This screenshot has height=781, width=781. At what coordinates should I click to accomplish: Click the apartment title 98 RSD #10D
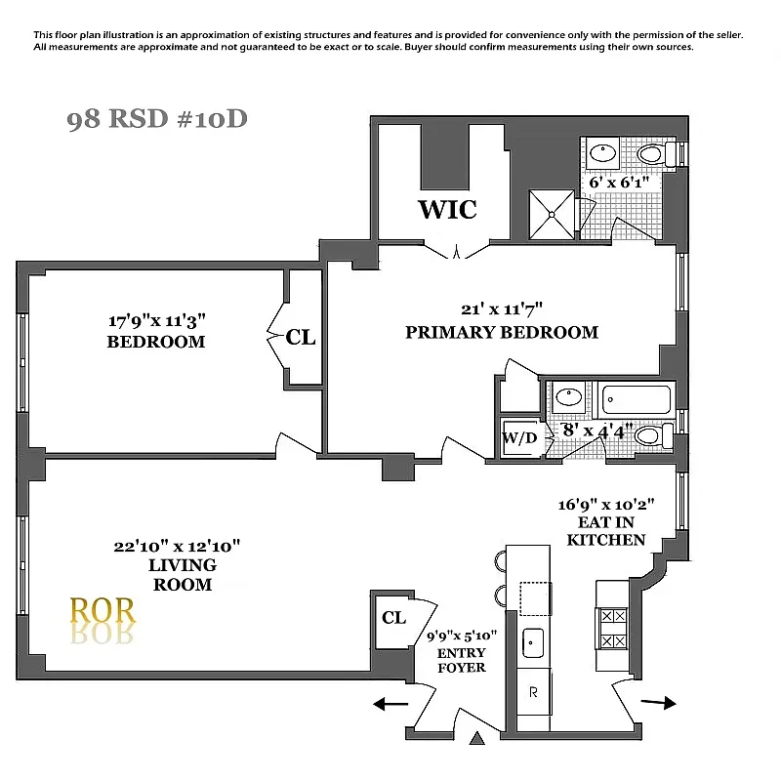(x=157, y=120)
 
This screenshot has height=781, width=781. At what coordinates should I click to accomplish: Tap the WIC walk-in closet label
(x=447, y=209)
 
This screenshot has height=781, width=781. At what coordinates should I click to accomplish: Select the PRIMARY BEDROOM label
(x=502, y=332)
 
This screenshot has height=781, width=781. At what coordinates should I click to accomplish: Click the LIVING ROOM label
(x=183, y=575)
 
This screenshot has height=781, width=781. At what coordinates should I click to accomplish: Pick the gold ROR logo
(x=103, y=611)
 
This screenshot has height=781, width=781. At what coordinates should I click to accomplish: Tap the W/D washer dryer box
(x=519, y=438)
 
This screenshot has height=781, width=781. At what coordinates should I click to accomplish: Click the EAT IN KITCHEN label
(x=606, y=530)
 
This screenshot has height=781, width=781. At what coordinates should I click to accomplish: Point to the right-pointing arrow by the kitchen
(x=659, y=702)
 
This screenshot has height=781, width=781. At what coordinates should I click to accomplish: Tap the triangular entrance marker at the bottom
(x=476, y=739)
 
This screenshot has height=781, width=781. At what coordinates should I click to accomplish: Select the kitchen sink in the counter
(x=533, y=641)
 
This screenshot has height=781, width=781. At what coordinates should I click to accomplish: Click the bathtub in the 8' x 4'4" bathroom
(x=637, y=399)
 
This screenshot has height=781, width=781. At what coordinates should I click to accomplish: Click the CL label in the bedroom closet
(x=301, y=337)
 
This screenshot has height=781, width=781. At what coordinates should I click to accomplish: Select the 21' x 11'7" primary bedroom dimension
(x=502, y=309)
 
